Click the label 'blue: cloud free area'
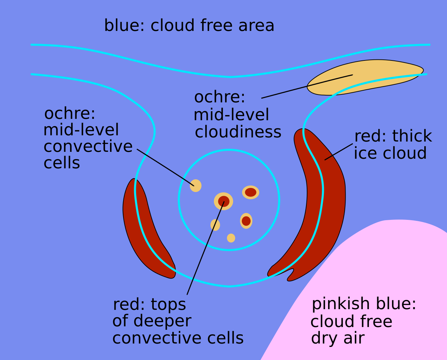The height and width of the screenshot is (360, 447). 189,26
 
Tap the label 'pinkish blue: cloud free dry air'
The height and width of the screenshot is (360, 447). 363,321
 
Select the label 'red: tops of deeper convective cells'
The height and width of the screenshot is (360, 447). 177,321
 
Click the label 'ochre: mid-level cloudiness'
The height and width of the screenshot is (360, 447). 237,115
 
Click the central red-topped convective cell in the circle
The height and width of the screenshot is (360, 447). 223,201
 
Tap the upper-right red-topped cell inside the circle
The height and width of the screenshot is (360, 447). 251,192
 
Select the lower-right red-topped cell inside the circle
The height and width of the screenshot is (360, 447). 246,221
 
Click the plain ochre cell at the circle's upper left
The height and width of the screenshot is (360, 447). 196,185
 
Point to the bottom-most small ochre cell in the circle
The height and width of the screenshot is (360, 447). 231,238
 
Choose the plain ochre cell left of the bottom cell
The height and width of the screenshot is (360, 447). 215,225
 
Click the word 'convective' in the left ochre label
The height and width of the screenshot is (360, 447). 88,147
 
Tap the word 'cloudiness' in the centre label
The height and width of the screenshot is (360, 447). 238,132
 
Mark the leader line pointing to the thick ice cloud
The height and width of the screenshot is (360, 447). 339,152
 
